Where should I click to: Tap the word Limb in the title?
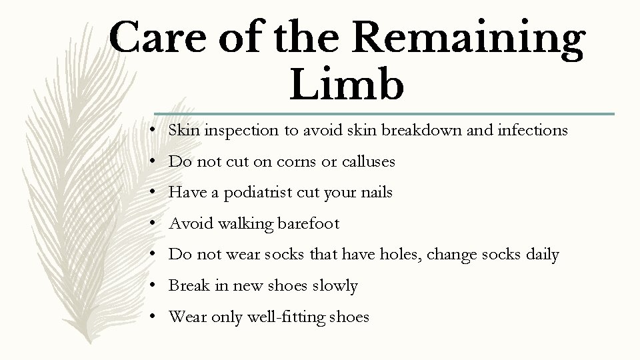point(347,85)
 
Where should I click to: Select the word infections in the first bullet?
point(532,131)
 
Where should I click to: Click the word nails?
point(375,193)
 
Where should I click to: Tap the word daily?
point(541,255)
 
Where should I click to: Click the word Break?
point(188,286)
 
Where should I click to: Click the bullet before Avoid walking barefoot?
point(153,224)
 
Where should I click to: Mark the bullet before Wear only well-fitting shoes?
point(153,317)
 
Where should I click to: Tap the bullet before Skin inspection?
point(153,131)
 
